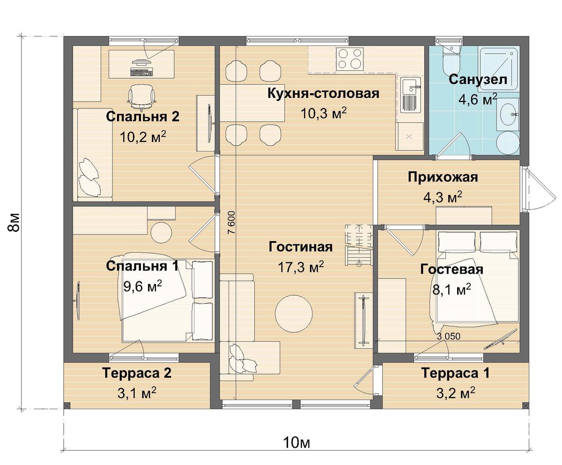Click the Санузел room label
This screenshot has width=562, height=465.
[478, 80]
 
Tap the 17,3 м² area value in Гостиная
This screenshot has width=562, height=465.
[301, 267]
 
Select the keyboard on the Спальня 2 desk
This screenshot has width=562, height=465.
[141, 72]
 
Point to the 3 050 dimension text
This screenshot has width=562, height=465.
[449, 336]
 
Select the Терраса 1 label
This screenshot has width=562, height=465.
[455, 374]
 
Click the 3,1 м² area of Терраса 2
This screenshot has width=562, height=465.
[137, 391]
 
